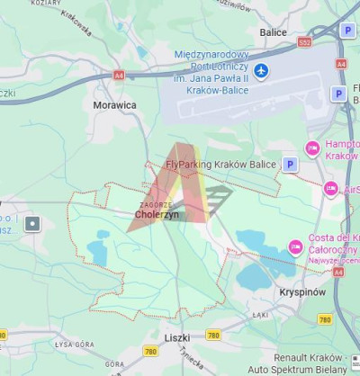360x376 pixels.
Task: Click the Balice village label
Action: click(x=273, y=32)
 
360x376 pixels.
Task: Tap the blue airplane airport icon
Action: click(x=261, y=70)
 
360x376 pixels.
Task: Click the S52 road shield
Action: click(x=304, y=42)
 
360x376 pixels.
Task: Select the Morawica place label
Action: click(x=115, y=104)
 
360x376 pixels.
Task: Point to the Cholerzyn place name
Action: click(x=157, y=216)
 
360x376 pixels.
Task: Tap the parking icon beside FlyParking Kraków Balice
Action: click(x=290, y=164)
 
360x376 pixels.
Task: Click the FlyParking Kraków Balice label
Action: click(x=221, y=165)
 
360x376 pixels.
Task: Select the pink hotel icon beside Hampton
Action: click(x=313, y=148)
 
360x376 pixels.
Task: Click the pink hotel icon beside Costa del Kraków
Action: click(x=295, y=246)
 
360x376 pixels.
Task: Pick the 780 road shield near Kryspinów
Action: click(x=325, y=319)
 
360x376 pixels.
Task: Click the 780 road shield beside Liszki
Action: click(x=213, y=335)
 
